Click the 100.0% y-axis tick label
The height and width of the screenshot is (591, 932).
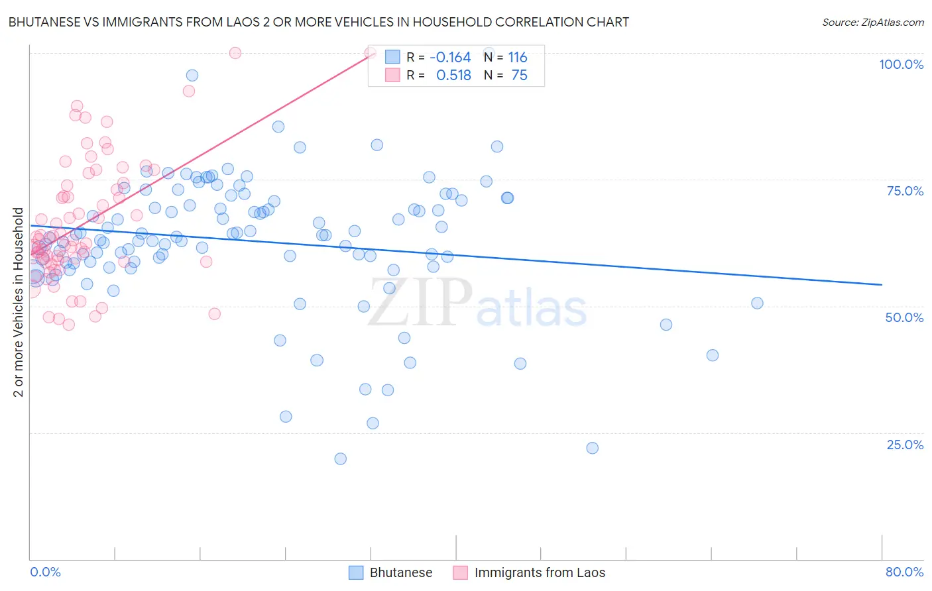click(x=901, y=64)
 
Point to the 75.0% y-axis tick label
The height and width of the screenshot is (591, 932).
click(x=905, y=191)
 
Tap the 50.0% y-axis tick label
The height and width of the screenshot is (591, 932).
click(x=904, y=317)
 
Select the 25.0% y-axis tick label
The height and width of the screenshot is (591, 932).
click(x=905, y=445)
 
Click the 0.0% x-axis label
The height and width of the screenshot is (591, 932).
click(x=45, y=572)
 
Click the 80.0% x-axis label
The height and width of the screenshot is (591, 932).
click(x=904, y=572)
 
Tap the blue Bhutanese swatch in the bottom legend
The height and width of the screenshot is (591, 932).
click(x=356, y=572)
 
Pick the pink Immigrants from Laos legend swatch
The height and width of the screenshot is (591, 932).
click(x=461, y=572)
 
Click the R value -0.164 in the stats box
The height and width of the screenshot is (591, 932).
click(x=450, y=58)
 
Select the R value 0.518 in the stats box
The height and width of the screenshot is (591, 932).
click(x=453, y=76)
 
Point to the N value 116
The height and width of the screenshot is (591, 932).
click(x=518, y=58)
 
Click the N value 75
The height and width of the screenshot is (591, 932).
click(x=520, y=76)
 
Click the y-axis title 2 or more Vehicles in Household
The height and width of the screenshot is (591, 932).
click(x=19, y=302)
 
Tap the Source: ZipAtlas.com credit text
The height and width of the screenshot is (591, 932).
click(x=872, y=23)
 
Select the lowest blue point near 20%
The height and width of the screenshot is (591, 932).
click(x=341, y=458)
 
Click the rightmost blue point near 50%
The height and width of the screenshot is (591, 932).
click(x=757, y=303)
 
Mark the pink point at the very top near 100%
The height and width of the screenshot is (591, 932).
click(x=235, y=53)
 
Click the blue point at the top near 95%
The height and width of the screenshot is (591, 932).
click(x=192, y=76)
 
